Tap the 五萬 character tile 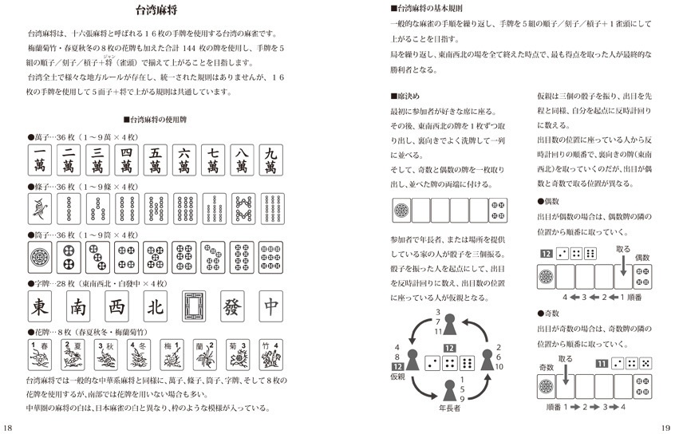[x=155, y=160]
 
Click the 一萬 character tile [x=40, y=160]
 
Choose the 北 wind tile [x=156, y=307]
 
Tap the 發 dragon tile [x=233, y=307]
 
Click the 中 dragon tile [x=271, y=307]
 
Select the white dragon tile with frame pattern [x=194, y=307]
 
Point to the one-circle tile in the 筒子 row [x=40, y=257]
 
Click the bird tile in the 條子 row [x=40, y=208]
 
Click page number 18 [x=7, y=427]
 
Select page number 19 [x=665, y=427]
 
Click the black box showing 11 [x=603, y=363]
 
